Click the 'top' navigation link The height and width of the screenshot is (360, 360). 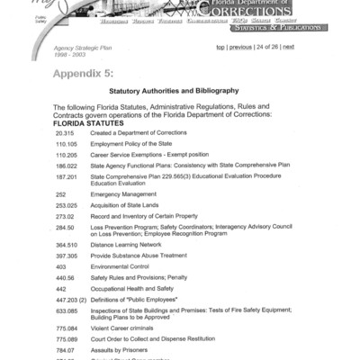pos(220,46)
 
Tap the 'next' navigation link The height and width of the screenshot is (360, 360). pos(288,46)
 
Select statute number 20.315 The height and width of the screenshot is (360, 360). pos(64,132)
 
